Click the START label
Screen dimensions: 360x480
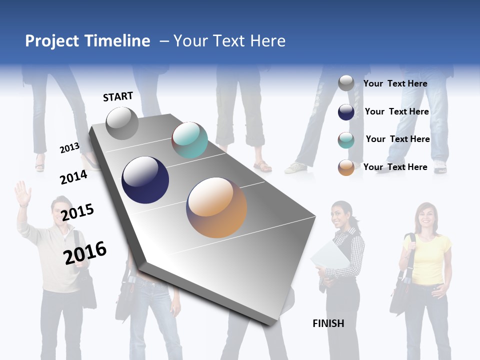point(118,96)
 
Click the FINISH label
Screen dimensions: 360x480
point(328,323)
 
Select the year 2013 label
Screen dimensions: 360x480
point(69,147)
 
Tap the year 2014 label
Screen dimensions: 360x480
point(73,177)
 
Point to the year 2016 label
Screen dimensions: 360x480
point(85,253)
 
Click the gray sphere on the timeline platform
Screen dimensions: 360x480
point(122,123)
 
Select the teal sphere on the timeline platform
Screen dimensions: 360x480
point(189,140)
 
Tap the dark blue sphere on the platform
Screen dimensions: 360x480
point(145,180)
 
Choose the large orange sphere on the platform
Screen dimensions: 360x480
point(216,207)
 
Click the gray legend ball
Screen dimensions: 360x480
point(346,83)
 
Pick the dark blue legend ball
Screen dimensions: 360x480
point(346,112)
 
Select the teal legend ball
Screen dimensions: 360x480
point(346,140)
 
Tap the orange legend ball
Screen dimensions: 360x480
point(346,167)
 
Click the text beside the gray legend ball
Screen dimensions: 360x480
point(395,83)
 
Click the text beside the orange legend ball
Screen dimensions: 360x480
point(395,167)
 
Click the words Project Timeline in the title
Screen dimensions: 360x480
point(87,41)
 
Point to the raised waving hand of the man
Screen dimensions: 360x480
point(22,193)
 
